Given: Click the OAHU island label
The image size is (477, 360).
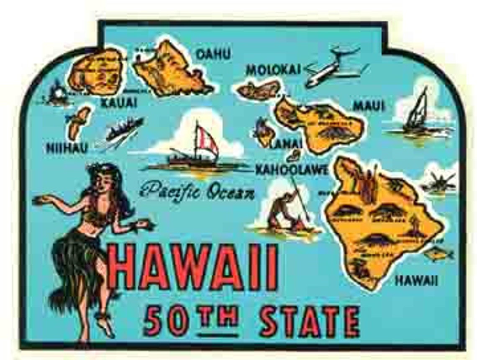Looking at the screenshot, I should click(x=213, y=54).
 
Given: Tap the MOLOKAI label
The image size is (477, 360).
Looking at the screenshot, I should click(x=273, y=70).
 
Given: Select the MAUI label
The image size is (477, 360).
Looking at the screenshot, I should click(x=368, y=106).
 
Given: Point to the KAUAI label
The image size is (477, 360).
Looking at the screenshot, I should click(x=118, y=102).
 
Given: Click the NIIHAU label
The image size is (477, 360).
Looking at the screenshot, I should click(x=67, y=148).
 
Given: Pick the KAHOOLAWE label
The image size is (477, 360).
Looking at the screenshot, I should click(x=291, y=169).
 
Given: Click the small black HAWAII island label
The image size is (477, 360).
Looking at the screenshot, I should click(x=416, y=281).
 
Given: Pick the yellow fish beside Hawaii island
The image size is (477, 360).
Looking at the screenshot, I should click(x=438, y=253).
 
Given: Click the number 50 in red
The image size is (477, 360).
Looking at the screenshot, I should click(x=166, y=321).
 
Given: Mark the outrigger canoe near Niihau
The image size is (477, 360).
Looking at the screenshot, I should click(x=123, y=128).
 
